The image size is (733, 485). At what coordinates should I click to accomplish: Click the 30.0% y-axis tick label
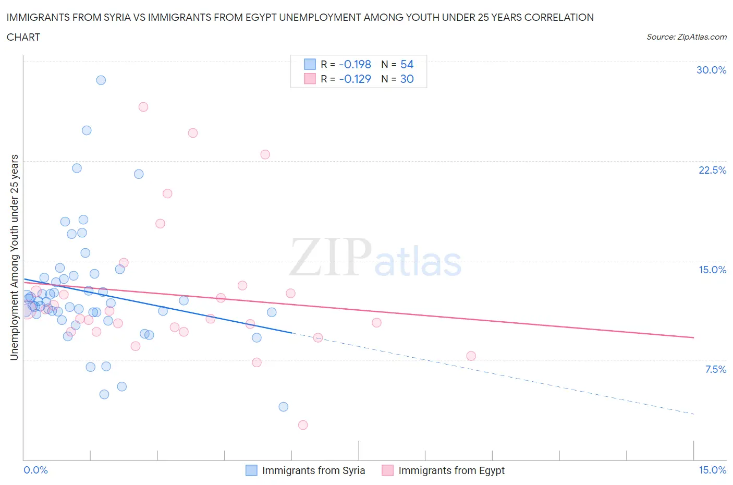[711, 70]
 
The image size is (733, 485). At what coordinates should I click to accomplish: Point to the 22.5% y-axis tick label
[712, 170]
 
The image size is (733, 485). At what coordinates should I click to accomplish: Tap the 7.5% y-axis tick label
[715, 369]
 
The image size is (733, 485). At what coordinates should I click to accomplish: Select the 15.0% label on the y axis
[712, 270]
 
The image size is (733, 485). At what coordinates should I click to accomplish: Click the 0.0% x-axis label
[35, 470]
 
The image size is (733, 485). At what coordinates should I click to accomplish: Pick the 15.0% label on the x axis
[712, 470]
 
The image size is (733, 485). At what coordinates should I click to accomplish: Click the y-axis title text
[15, 257]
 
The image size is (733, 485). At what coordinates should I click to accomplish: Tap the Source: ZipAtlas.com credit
[686, 37]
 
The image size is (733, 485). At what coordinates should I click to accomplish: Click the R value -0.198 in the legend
[355, 64]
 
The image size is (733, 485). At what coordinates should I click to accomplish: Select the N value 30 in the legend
[407, 79]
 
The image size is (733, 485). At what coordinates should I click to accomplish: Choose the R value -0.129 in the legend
[355, 79]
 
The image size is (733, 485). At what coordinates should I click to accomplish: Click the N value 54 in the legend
[407, 64]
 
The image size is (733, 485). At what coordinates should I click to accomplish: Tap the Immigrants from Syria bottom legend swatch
[251, 470]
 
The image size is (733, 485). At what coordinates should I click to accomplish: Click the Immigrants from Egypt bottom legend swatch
[387, 470]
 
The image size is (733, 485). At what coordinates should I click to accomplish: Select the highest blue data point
[101, 80]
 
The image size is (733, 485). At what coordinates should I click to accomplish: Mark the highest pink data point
[143, 107]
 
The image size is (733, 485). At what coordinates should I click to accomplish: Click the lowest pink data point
[303, 425]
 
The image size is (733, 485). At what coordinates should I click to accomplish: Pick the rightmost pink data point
[471, 356]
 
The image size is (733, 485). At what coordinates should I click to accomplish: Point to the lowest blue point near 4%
[284, 407]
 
